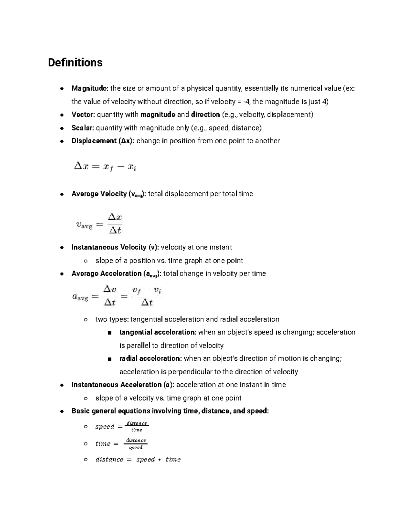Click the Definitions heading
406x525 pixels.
[75, 63]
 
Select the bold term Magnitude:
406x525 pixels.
[90, 89]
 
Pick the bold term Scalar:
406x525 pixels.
[83, 128]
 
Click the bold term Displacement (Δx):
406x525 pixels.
[103, 141]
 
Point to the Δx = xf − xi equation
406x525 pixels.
[105, 167]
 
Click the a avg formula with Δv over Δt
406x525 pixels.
[117, 296]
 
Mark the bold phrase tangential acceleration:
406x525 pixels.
[157, 332]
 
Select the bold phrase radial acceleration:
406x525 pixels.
[151, 359]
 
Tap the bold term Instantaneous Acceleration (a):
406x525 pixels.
[123, 385]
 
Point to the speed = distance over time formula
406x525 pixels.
[122, 427]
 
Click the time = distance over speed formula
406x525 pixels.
[121, 444]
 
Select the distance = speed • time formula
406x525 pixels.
[138, 459]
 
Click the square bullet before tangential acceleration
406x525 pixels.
[109, 333]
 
